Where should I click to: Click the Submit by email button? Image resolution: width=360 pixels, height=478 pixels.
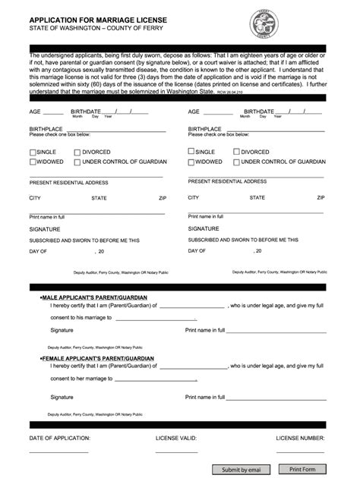click(241, 470)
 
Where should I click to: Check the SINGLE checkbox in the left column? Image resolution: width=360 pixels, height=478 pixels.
click(33, 152)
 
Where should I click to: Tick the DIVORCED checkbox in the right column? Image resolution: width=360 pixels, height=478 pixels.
click(237, 152)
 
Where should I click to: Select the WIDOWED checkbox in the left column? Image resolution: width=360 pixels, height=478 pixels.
click(33, 162)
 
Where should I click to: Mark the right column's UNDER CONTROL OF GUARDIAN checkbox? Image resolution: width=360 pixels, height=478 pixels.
click(237, 162)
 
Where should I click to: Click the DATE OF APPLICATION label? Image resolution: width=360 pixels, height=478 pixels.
click(60, 439)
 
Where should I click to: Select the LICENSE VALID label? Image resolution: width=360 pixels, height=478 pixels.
click(176, 439)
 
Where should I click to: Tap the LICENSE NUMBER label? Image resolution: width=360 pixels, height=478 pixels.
click(301, 439)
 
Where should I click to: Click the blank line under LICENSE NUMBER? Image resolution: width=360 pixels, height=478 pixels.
click(301, 451)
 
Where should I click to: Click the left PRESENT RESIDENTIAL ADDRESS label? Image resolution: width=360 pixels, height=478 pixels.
click(69, 183)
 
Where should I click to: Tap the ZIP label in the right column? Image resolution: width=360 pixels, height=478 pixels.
click(321, 197)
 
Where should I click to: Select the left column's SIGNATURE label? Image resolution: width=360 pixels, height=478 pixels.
click(45, 228)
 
